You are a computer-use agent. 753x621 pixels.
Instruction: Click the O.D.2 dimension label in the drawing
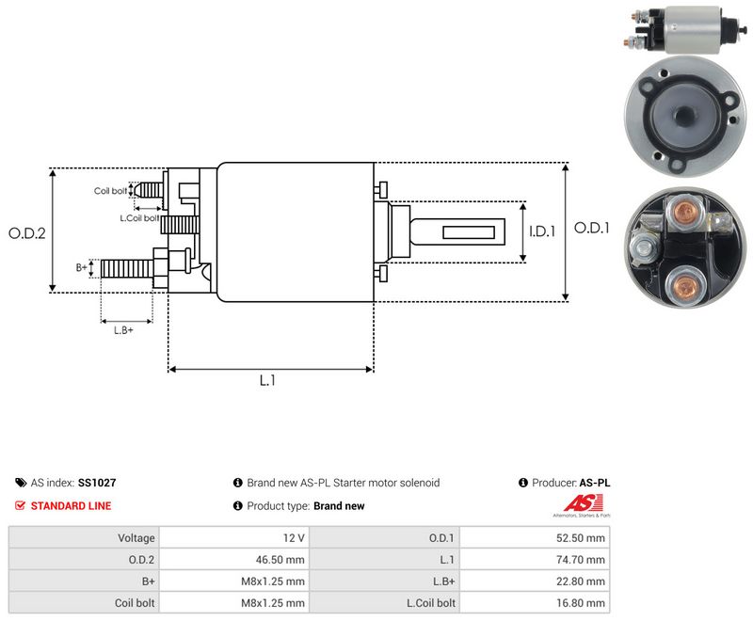[27, 233]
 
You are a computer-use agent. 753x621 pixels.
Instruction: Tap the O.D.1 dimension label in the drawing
[592, 228]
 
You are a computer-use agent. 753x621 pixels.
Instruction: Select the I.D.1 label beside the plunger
[542, 231]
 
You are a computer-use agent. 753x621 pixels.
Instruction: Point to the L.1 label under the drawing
[267, 380]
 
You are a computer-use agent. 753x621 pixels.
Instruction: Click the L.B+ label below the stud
[123, 330]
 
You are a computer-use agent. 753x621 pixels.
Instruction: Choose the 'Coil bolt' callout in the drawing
[110, 191]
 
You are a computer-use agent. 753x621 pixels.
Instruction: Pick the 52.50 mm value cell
[580, 538]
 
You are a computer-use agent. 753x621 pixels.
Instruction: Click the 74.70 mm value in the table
[580, 560]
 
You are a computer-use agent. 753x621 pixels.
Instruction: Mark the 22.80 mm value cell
[580, 581]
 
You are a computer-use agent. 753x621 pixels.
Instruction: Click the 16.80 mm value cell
[580, 603]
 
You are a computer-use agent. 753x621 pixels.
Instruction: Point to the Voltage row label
[136, 538]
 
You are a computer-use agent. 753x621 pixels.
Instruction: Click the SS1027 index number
[97, 483]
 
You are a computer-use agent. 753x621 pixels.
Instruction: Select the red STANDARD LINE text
[72, 506]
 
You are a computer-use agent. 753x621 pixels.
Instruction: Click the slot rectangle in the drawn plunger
[468, 232]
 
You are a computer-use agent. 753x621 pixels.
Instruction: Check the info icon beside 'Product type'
[238, 506]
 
